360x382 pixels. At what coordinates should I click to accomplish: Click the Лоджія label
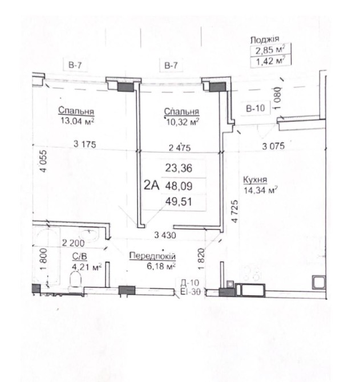pos(265,40)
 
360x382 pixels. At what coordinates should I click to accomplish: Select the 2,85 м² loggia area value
pos(270,50)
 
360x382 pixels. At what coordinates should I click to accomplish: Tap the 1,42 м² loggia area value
pos(270,61)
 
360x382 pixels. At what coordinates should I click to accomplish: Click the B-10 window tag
pos(255,108)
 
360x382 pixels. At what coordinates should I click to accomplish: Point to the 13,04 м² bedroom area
pos(78,121)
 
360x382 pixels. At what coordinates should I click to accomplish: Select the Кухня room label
pos(255,180)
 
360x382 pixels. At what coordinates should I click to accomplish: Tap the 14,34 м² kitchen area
pos(261,190)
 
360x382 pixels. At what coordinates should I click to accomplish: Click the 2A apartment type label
pos(151,186)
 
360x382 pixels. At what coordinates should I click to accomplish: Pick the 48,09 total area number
pos(179,186)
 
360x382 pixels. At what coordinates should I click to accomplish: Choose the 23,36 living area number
pos(179,168)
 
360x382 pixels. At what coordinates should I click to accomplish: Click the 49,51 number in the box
pos(179,202)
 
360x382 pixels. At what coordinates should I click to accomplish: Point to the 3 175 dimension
pos(85,144)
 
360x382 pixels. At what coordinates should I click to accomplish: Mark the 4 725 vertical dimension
pos(234,211)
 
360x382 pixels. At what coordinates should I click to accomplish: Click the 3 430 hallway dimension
pos(165,235)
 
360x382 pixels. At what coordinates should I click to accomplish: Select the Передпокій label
pos(152,256)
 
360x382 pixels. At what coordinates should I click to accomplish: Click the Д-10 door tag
pos(190,283)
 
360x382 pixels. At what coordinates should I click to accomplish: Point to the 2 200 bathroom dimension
pos(74,243)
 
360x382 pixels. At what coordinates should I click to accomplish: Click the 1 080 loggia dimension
pos(278,98)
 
